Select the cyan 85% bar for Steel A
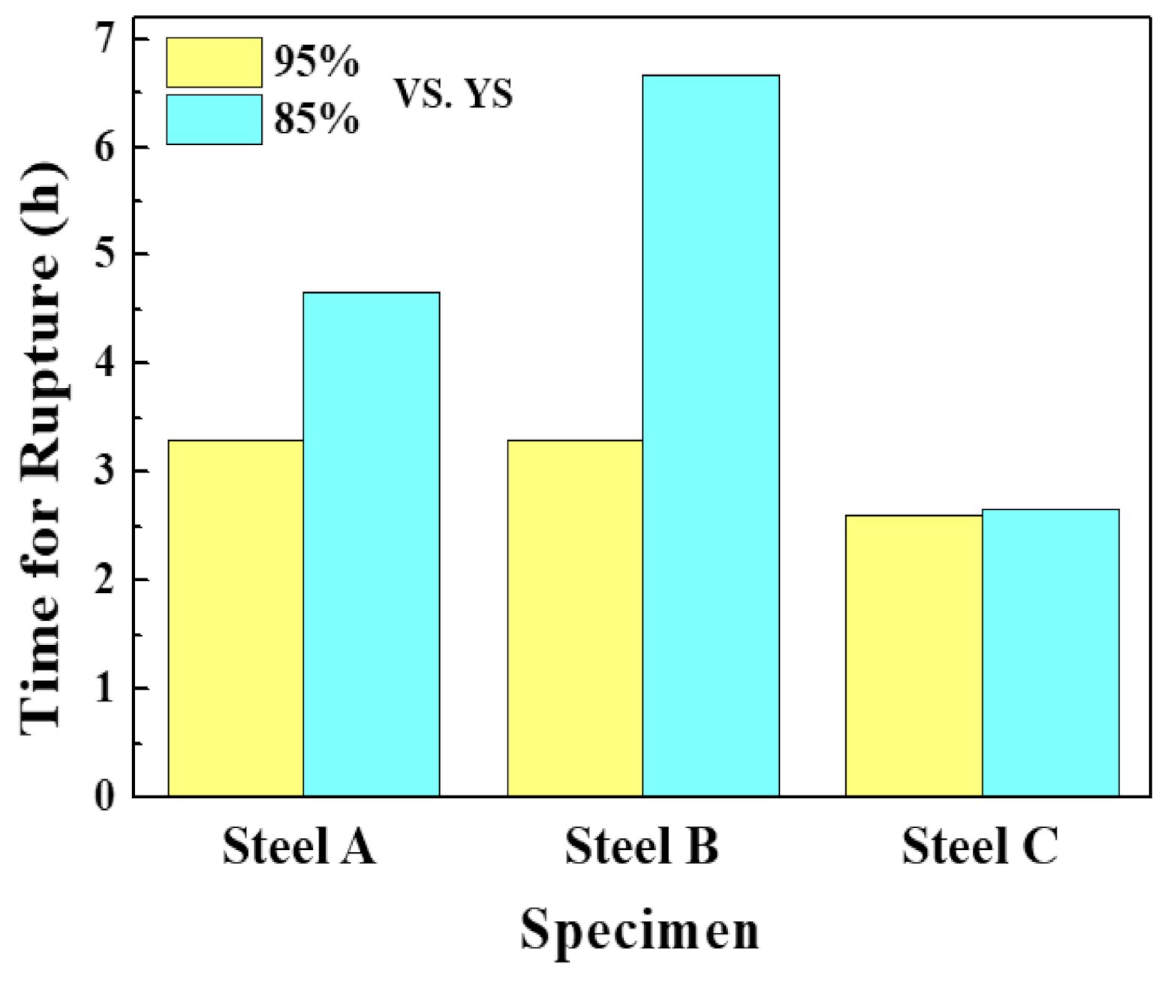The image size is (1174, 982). [372, 544]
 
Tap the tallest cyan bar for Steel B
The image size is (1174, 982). [711, 435]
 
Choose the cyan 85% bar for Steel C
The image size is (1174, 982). [1050, 652]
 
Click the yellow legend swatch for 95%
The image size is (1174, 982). [214, 62]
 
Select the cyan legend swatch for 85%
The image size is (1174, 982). [214, 119]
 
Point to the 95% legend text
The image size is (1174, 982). [316, 62]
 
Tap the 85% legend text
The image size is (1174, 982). [316, 119]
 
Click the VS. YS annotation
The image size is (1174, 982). [453, 95]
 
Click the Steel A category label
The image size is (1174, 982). [299, 846]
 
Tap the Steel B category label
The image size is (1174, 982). [641, 846]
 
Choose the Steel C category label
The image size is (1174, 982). [980, 846]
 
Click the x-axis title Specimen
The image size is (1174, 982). [640, 930]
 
